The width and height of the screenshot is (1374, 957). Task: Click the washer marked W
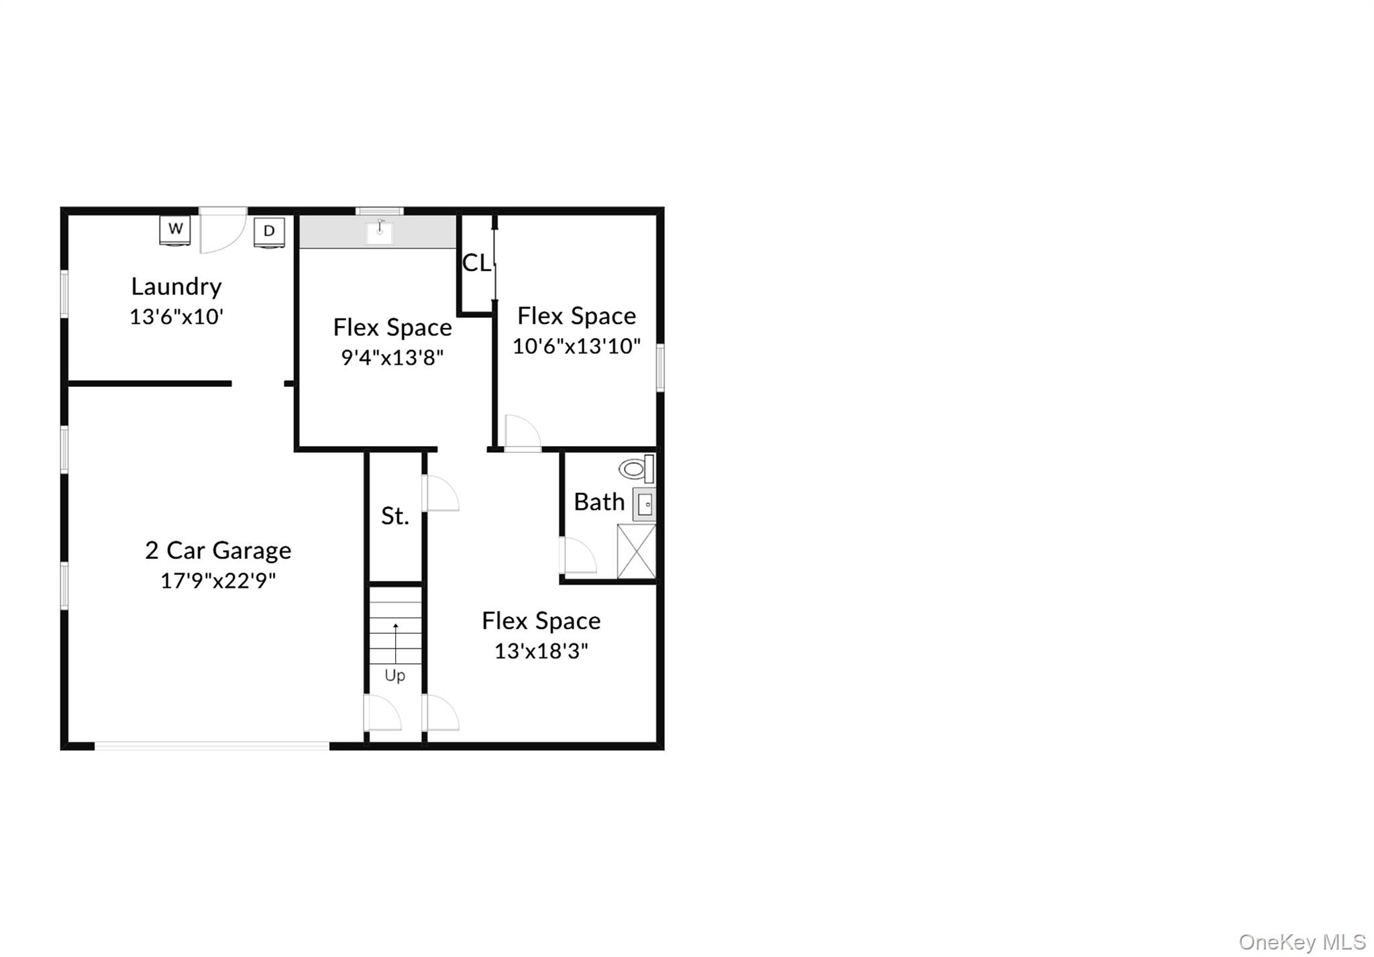(x=175, y=229)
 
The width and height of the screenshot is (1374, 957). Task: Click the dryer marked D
(x=269, y=232)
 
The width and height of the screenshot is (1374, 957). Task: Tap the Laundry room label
(x=176, y=287)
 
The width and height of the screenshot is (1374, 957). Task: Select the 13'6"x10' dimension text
(x=176, y=317)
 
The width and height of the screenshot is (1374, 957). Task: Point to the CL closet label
(x=476, y=263)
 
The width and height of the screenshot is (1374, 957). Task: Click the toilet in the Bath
(x=635, y=468)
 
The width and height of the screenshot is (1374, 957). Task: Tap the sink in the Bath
(x=645, y=504)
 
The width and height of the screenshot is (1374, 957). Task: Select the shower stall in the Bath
(x=636, y=551)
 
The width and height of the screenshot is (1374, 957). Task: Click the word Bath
(x=599, y=502)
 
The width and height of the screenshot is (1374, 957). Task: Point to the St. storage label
(x=394, y=516)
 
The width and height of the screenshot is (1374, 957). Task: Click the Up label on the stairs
(x=394, y=675)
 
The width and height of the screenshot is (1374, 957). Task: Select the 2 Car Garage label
(x=218, y=551)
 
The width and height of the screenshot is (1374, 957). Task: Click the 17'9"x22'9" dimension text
(x=218, y=581)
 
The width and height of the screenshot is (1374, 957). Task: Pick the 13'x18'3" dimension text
(x=541, y=651)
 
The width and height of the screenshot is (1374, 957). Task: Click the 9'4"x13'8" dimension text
(x=392, y=357)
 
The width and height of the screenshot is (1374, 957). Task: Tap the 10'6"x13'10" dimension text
(x=576, y=346)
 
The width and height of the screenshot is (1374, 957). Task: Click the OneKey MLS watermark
(x=1302, y=942)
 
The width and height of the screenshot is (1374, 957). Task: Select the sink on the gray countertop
(x=380, y=231)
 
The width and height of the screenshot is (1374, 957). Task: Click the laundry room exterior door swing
(x=223, y=231)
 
